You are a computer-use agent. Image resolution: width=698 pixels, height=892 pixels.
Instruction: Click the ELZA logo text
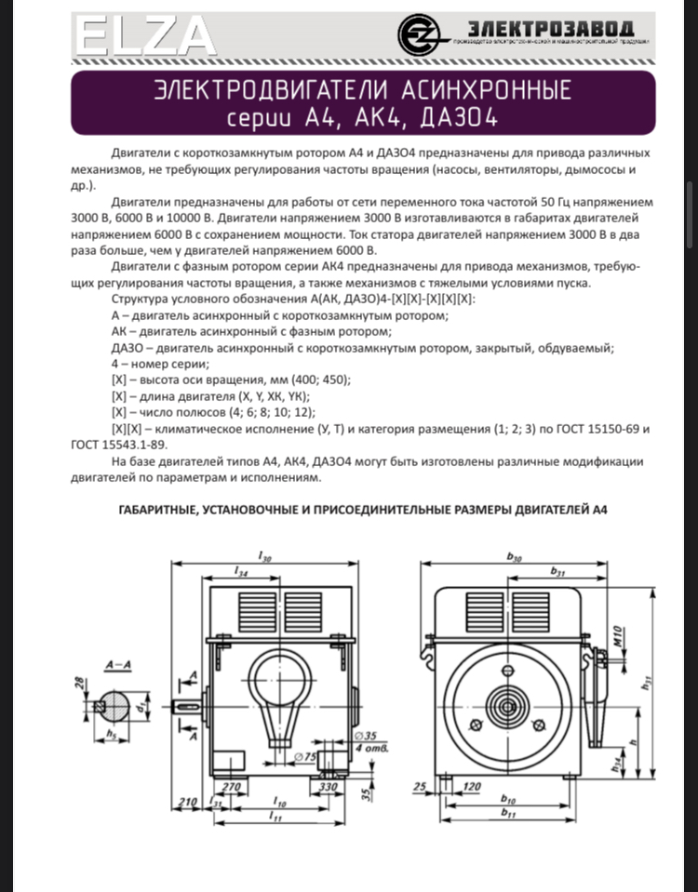click(x=145, y=38)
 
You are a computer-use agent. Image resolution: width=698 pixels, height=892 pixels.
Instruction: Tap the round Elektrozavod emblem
click(x=418, y=35)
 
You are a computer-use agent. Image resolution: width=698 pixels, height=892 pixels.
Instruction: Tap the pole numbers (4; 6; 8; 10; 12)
click(x=272, y=412)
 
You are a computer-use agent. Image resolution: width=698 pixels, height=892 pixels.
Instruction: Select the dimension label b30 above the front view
click(x=514, y=555)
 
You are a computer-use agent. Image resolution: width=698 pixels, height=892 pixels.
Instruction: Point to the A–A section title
click(x=118, y=665)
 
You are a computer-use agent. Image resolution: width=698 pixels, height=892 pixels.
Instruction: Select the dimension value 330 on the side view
click(x=327, y=786)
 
